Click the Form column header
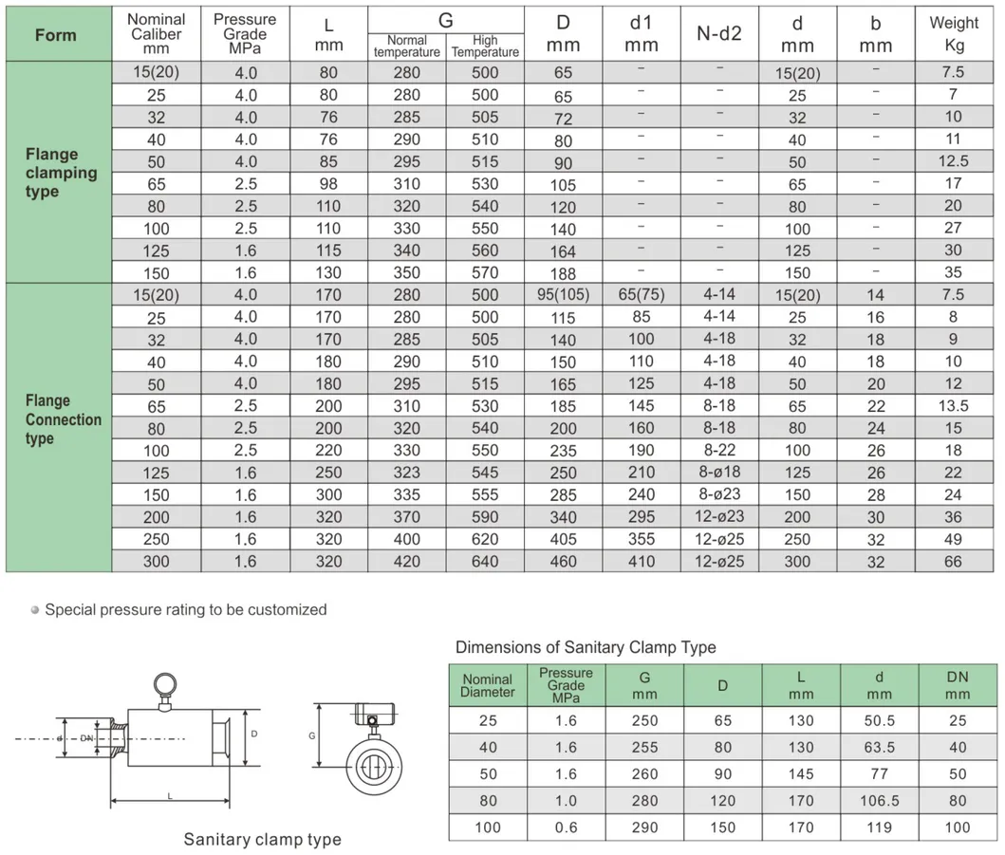click(x=56, y=34)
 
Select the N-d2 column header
click(x=719, y=33)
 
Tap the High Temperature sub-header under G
click(x=485, y=46)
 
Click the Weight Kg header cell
click(x=954, y=33)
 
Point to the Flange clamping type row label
click(x=61, y=173)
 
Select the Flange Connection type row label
click(x=63, y=419)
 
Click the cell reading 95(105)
click(x=564, y=295)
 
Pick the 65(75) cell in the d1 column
click(x=641, y=295)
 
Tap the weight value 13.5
click(x=953, y=406)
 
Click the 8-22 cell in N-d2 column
click(x=719, y=450)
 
